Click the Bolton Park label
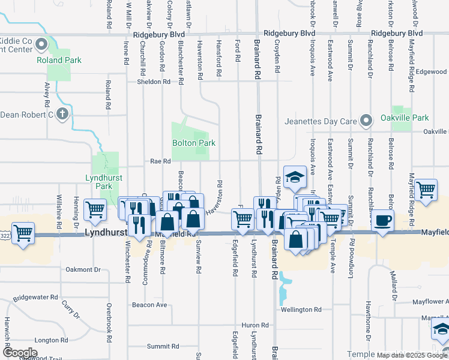(x=193, y=143)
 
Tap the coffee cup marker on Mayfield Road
(x=382, y=220)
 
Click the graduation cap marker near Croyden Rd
(x=295, y=177)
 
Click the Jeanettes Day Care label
(x=321, y=122)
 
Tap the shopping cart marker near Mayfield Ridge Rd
(x=426, y=190)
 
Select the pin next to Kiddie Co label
(x=41, y=44)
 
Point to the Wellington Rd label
(x=301, y=310)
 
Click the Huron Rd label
(x=250, y=325)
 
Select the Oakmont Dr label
(x=83, y=270)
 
